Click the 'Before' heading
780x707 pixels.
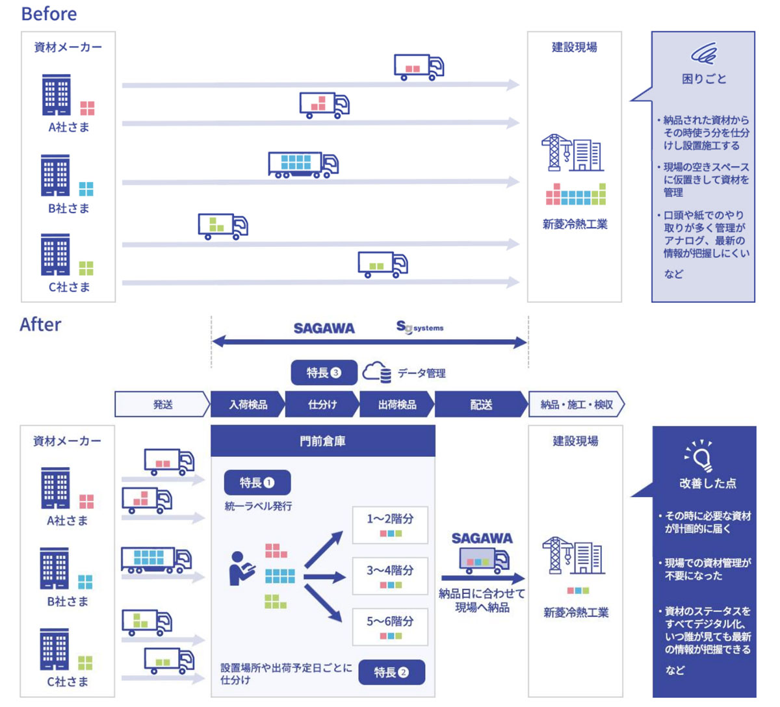tap(49, 14)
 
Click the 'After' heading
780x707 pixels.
tap(40, 324)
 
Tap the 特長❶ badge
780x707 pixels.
tap(257, 483)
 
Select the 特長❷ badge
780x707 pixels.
tap(391, 673)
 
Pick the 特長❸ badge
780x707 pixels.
tap(324, 373)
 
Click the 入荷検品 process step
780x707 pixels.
tap(248, 404)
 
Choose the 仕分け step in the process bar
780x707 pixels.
tap(322, 404)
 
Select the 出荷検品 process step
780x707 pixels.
tap(397, 404)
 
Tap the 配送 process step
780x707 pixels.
tap(480, 404)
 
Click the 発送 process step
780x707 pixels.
tap(162, 404)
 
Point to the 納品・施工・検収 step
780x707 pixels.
tap(577, 404)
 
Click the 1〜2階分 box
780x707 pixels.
tap(390, 524)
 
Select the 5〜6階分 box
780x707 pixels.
tap(390, 626)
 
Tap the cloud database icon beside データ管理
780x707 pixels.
tap(377, 372)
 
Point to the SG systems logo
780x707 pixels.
tap(420, 328)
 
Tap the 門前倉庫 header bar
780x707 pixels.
tap(322, 441)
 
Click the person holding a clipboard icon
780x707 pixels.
tap(240, 569)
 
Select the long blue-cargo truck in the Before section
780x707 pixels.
tap(303, 164)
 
